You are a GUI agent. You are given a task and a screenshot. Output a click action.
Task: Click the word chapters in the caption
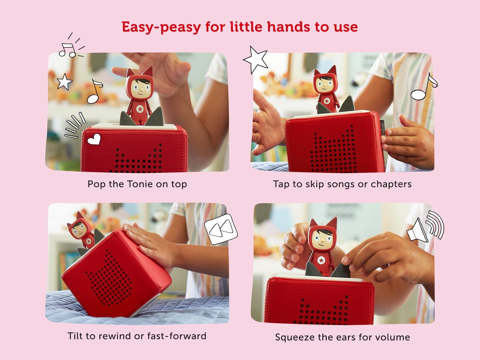[x=392, y=184]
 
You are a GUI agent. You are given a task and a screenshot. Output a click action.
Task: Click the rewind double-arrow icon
[x=220, y=229]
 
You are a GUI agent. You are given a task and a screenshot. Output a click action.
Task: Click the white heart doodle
[x=94, y=139]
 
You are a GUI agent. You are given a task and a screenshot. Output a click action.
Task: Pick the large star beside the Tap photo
[x=256, y=60]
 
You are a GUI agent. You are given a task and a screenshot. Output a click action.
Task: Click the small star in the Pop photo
[x=64, y=82]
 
